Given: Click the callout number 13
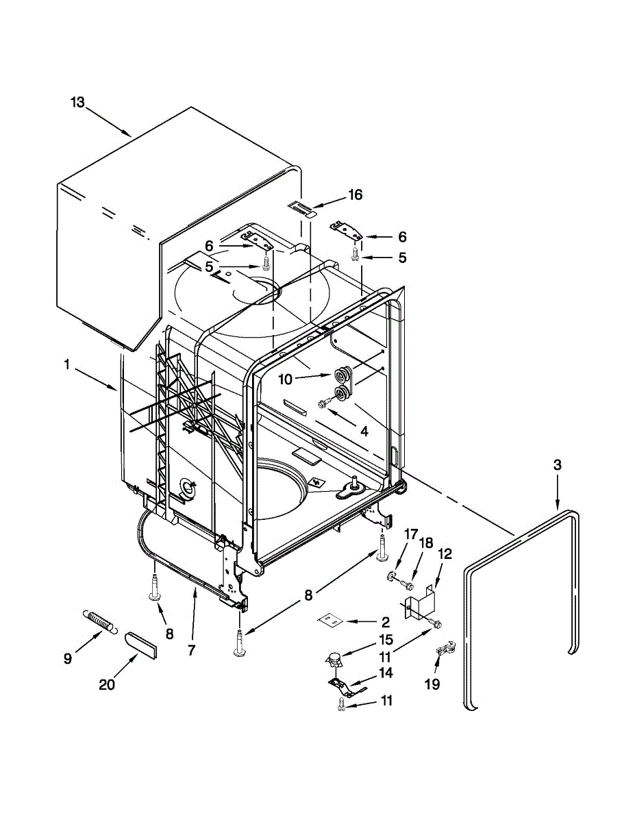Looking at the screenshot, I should coord(77,103).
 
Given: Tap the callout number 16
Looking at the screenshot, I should coord(354,195).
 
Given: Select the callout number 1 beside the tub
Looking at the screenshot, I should coord(67,366).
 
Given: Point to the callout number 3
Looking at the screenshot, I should coord(557,465).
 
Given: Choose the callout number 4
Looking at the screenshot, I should coord(364,432).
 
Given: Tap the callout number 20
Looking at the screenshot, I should coord(107,684).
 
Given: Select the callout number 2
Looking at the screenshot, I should coord(385,622).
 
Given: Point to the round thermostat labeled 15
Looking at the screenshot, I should coord(334,660).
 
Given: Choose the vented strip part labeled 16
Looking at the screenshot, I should coord(299,208).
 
